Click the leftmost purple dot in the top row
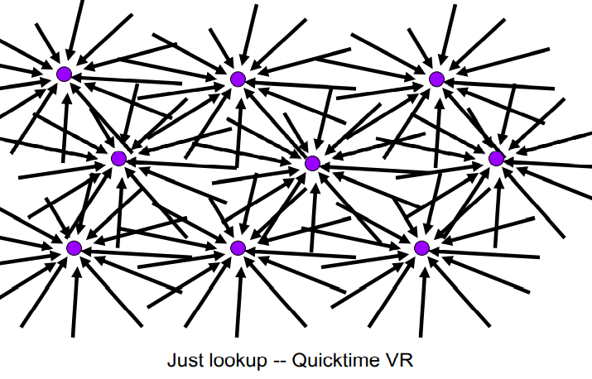pyautogui.click(x=64, y=74)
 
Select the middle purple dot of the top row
pyautogui.click(x=238, y=79)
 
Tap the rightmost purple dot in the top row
pyautogui.click(x=436, y=79)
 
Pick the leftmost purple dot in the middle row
pyautogui.click(x=118, y=158)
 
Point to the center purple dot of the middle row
pyautogui.click(x=312, y=163)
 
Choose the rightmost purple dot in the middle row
pyautogui.click(x=496, y=158)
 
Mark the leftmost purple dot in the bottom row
pyautogui.click(x=74, y=247)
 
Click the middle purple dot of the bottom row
pyautogui.click(x=238, y=247)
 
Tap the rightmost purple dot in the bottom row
pyautogui.click(x=421, y=247)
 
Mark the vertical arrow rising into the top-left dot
pyautogui.click(x=65, y=124)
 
